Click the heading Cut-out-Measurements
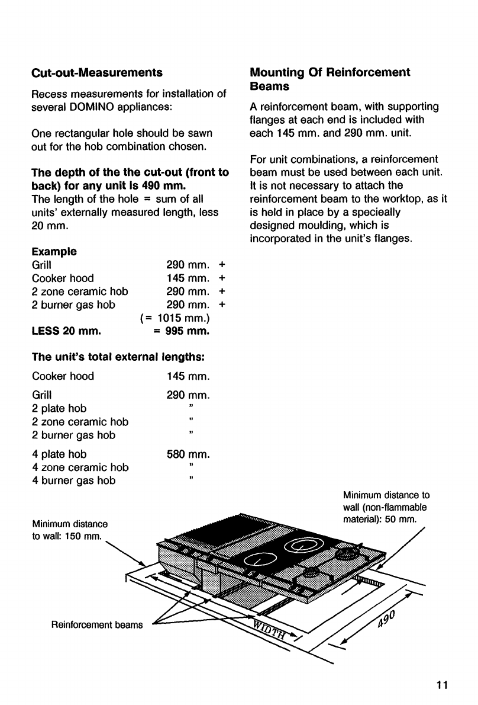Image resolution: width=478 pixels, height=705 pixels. pyautogui.click(x=96, y=73)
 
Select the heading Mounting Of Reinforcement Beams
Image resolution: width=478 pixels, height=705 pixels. pyautogui.click(x=330, y=79)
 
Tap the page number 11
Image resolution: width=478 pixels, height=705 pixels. pyautogui.click(x=442, y=685)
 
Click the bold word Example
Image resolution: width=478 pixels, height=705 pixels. pyautogui.click(x=54, y=251)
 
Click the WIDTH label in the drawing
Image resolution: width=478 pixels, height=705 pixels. pyautogui.click(x=270, y=632)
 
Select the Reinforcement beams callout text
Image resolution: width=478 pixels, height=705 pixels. pyautogui.click(x=97, y=625)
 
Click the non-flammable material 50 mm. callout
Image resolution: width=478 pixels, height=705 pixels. pyautogui.click(x=386, y=507)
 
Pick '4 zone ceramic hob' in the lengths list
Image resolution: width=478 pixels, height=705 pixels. pyautogui.click(x=80, y=467)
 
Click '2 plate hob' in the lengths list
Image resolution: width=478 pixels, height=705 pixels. pyautogui.click(x=59, y=409)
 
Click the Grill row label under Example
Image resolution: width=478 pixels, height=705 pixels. pyautogui.click(x=42, y=265)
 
